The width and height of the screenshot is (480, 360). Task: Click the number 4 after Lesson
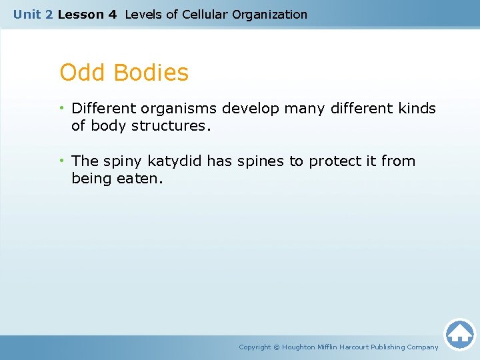[112, 14]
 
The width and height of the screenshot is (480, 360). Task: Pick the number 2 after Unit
[48, 14]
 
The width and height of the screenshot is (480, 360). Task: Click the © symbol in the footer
[277, 347]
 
